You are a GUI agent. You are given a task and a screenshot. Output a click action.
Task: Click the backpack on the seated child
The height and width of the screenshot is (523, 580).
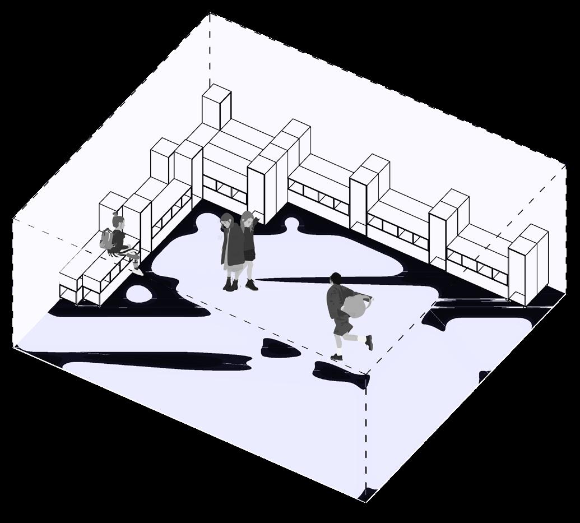(x=106, y=239)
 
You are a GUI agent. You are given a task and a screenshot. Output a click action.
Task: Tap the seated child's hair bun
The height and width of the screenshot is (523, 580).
(x=115, y=215)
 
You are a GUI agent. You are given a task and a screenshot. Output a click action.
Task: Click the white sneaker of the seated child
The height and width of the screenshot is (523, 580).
(x=137, y=268)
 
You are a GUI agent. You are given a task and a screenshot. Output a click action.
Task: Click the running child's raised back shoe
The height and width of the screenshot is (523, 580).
(x=369, y=342)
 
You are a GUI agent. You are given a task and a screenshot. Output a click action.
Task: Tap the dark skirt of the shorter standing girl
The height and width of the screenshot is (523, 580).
(x=249, y=255)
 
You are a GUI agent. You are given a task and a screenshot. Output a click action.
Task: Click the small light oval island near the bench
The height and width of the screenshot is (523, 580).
(x=137, y=293)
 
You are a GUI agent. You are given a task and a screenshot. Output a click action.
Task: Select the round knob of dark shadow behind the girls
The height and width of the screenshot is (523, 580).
(x=291, y=224)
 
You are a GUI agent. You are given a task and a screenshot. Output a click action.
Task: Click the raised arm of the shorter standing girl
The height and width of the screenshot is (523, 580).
(x=256, y=223)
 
